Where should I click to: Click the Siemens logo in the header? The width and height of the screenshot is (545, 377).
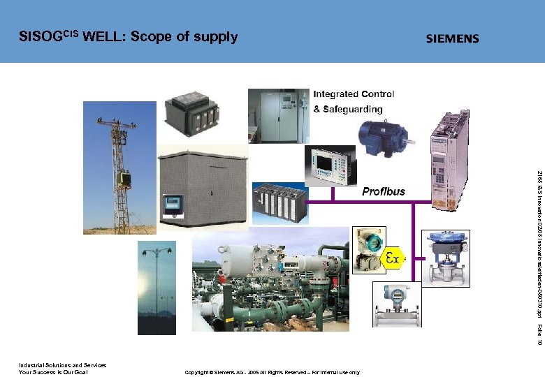pyautogui.click(x=453, y=38)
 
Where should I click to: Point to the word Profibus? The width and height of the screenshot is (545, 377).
pyautogui.click(x=383, y=191)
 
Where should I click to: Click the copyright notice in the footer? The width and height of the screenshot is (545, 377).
pyautogui.click(x=272, y=372)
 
